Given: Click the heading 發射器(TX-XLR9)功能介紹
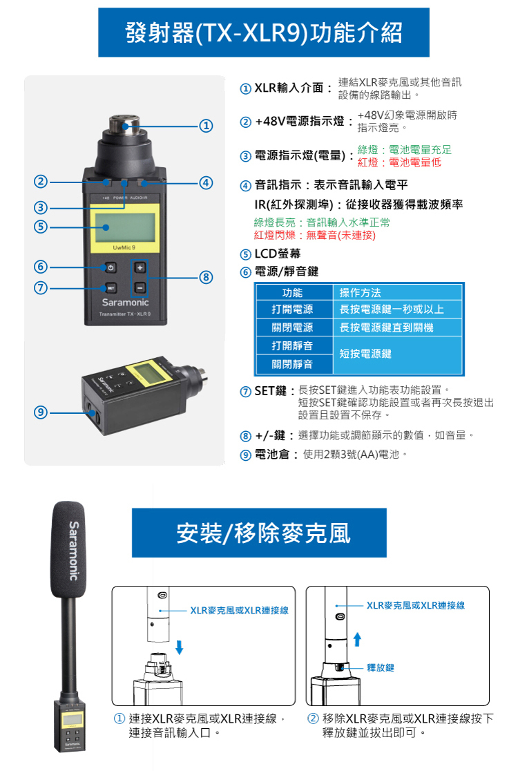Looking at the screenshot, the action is click(x=264, y=32).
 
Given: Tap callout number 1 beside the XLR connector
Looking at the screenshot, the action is click(x=206, y=126).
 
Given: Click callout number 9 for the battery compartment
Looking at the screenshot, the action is click(x=41, y=412).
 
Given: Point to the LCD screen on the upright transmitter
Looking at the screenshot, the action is click(x=124, y=227).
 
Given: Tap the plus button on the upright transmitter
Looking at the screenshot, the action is click(x=140, y=267).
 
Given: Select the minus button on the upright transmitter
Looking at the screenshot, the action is click(x=140, y=287).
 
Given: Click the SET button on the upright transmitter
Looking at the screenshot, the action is click(x=111, y=287).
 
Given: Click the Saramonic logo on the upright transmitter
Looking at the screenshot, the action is click(x=125, y=303).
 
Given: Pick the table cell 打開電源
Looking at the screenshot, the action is click(x=292, y=310).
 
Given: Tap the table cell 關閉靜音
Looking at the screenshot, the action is click(x=292, y=364).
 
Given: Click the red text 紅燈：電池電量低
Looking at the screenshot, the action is click(x=400, y=162).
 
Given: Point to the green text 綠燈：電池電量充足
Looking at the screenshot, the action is click(x=405, y=149).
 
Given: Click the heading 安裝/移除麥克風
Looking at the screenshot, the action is click(x=263, y=533).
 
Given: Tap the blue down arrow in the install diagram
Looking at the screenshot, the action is click(x=180, y=647).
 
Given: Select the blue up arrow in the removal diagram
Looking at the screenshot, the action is click(x=357, y=639).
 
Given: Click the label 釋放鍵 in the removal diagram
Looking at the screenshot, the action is click(x=381, y=667).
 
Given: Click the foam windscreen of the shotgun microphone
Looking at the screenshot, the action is click(x=68, y=549).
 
